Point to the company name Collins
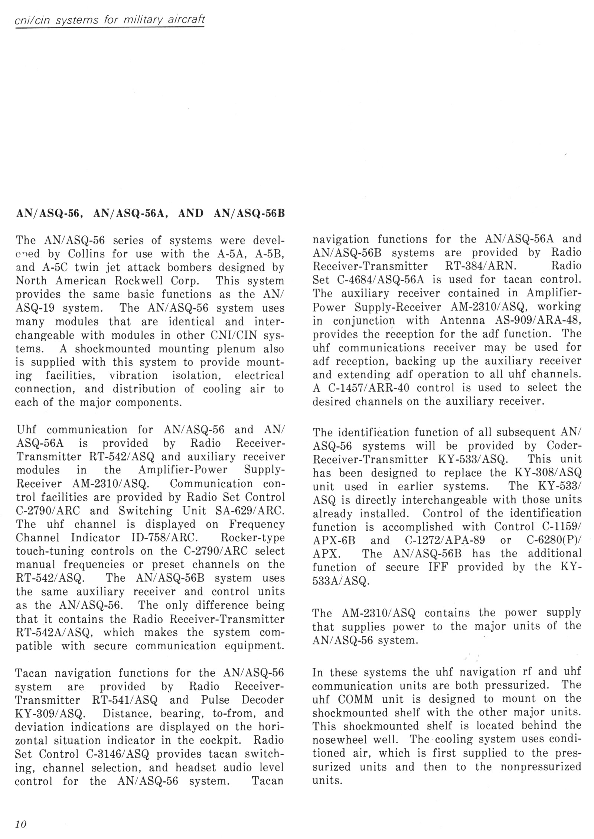[x=87, y=254]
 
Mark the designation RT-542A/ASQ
[x=56, y=632]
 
